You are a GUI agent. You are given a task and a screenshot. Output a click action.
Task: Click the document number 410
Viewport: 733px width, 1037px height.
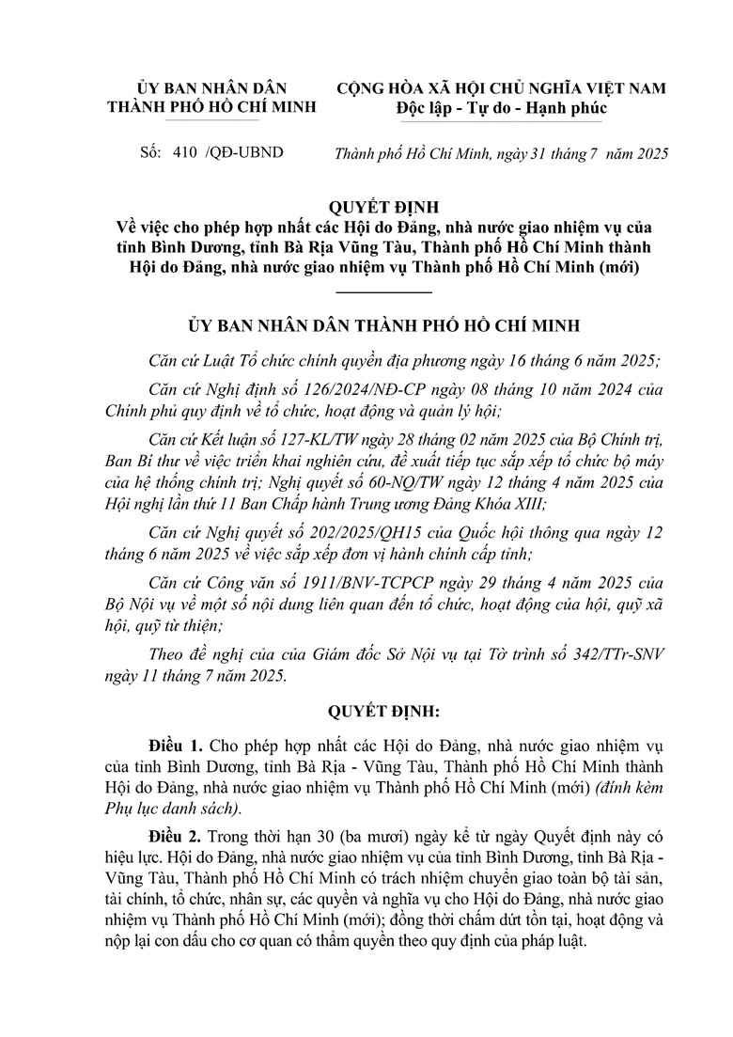point(189,151)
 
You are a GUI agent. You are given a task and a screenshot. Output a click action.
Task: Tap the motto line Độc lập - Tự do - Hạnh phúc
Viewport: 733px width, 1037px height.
point(502,108)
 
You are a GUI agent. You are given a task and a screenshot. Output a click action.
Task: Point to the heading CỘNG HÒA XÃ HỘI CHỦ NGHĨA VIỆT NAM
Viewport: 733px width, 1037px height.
point(502,88)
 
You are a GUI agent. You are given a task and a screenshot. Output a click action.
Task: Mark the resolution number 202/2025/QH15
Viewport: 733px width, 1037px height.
point(362,533)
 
